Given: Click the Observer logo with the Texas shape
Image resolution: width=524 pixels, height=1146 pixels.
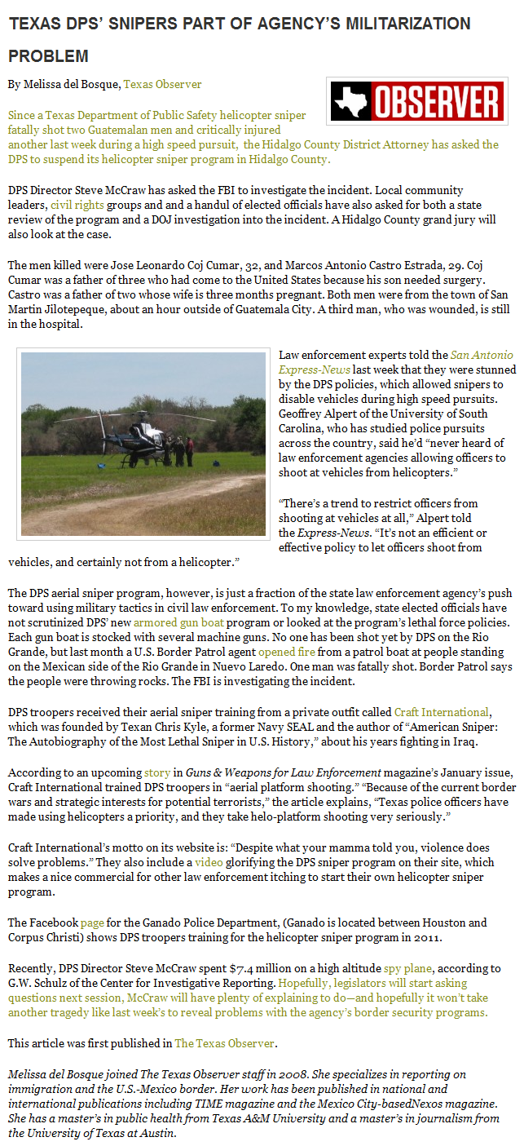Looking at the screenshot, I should [416, 101].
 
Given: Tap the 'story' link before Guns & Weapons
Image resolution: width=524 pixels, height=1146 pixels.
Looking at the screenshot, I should [157, 772].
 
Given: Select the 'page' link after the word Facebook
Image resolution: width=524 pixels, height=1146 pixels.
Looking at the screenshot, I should [92, 922].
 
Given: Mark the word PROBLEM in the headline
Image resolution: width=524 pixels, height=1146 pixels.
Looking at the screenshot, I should [49, 56].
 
